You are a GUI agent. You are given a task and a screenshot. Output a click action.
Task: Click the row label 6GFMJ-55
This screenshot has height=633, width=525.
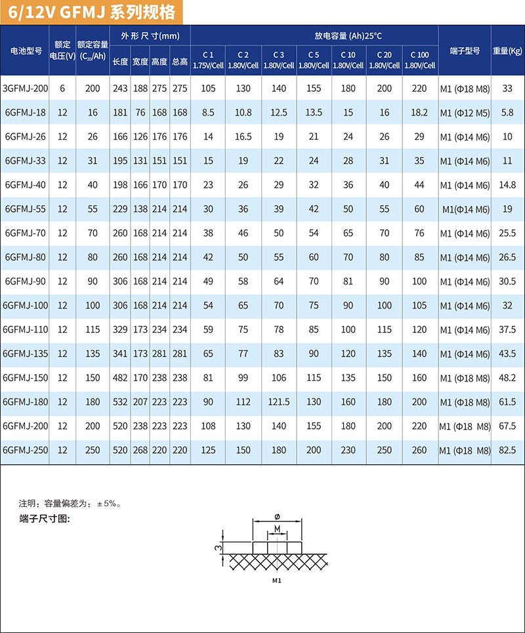pyautogui.click(x=26, y=209)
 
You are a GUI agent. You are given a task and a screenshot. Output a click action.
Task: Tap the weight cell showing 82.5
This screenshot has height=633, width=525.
pyautogui.click(x=507, y=450)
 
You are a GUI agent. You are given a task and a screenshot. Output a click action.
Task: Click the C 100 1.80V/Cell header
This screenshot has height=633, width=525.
pyautogui.click(x=419, y=60)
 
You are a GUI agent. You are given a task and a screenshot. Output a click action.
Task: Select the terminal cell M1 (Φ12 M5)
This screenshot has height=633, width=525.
pyautogui.click(x=465, y=113)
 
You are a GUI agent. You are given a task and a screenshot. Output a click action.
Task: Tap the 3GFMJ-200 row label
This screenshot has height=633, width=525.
pyautogui.click(x=26, y=89)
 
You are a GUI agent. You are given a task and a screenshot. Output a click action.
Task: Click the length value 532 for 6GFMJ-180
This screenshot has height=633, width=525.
pyautogui.click(x=120, y=402)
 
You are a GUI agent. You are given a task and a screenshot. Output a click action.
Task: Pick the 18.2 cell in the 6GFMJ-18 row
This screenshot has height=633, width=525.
pyautogui.click(x=419, y=113)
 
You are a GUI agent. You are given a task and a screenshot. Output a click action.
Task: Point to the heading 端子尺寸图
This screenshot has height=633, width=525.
pyautogui.click(x=45, y=519)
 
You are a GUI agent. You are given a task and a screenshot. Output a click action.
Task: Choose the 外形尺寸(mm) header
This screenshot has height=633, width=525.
pyautogui.click(x=150, y=35)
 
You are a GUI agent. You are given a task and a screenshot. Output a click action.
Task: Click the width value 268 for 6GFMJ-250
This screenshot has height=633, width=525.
pyautogui.click(x=140, y=450)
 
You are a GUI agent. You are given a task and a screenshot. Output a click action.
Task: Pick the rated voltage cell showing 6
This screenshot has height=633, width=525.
pyautogui.click(x=62, y=89)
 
